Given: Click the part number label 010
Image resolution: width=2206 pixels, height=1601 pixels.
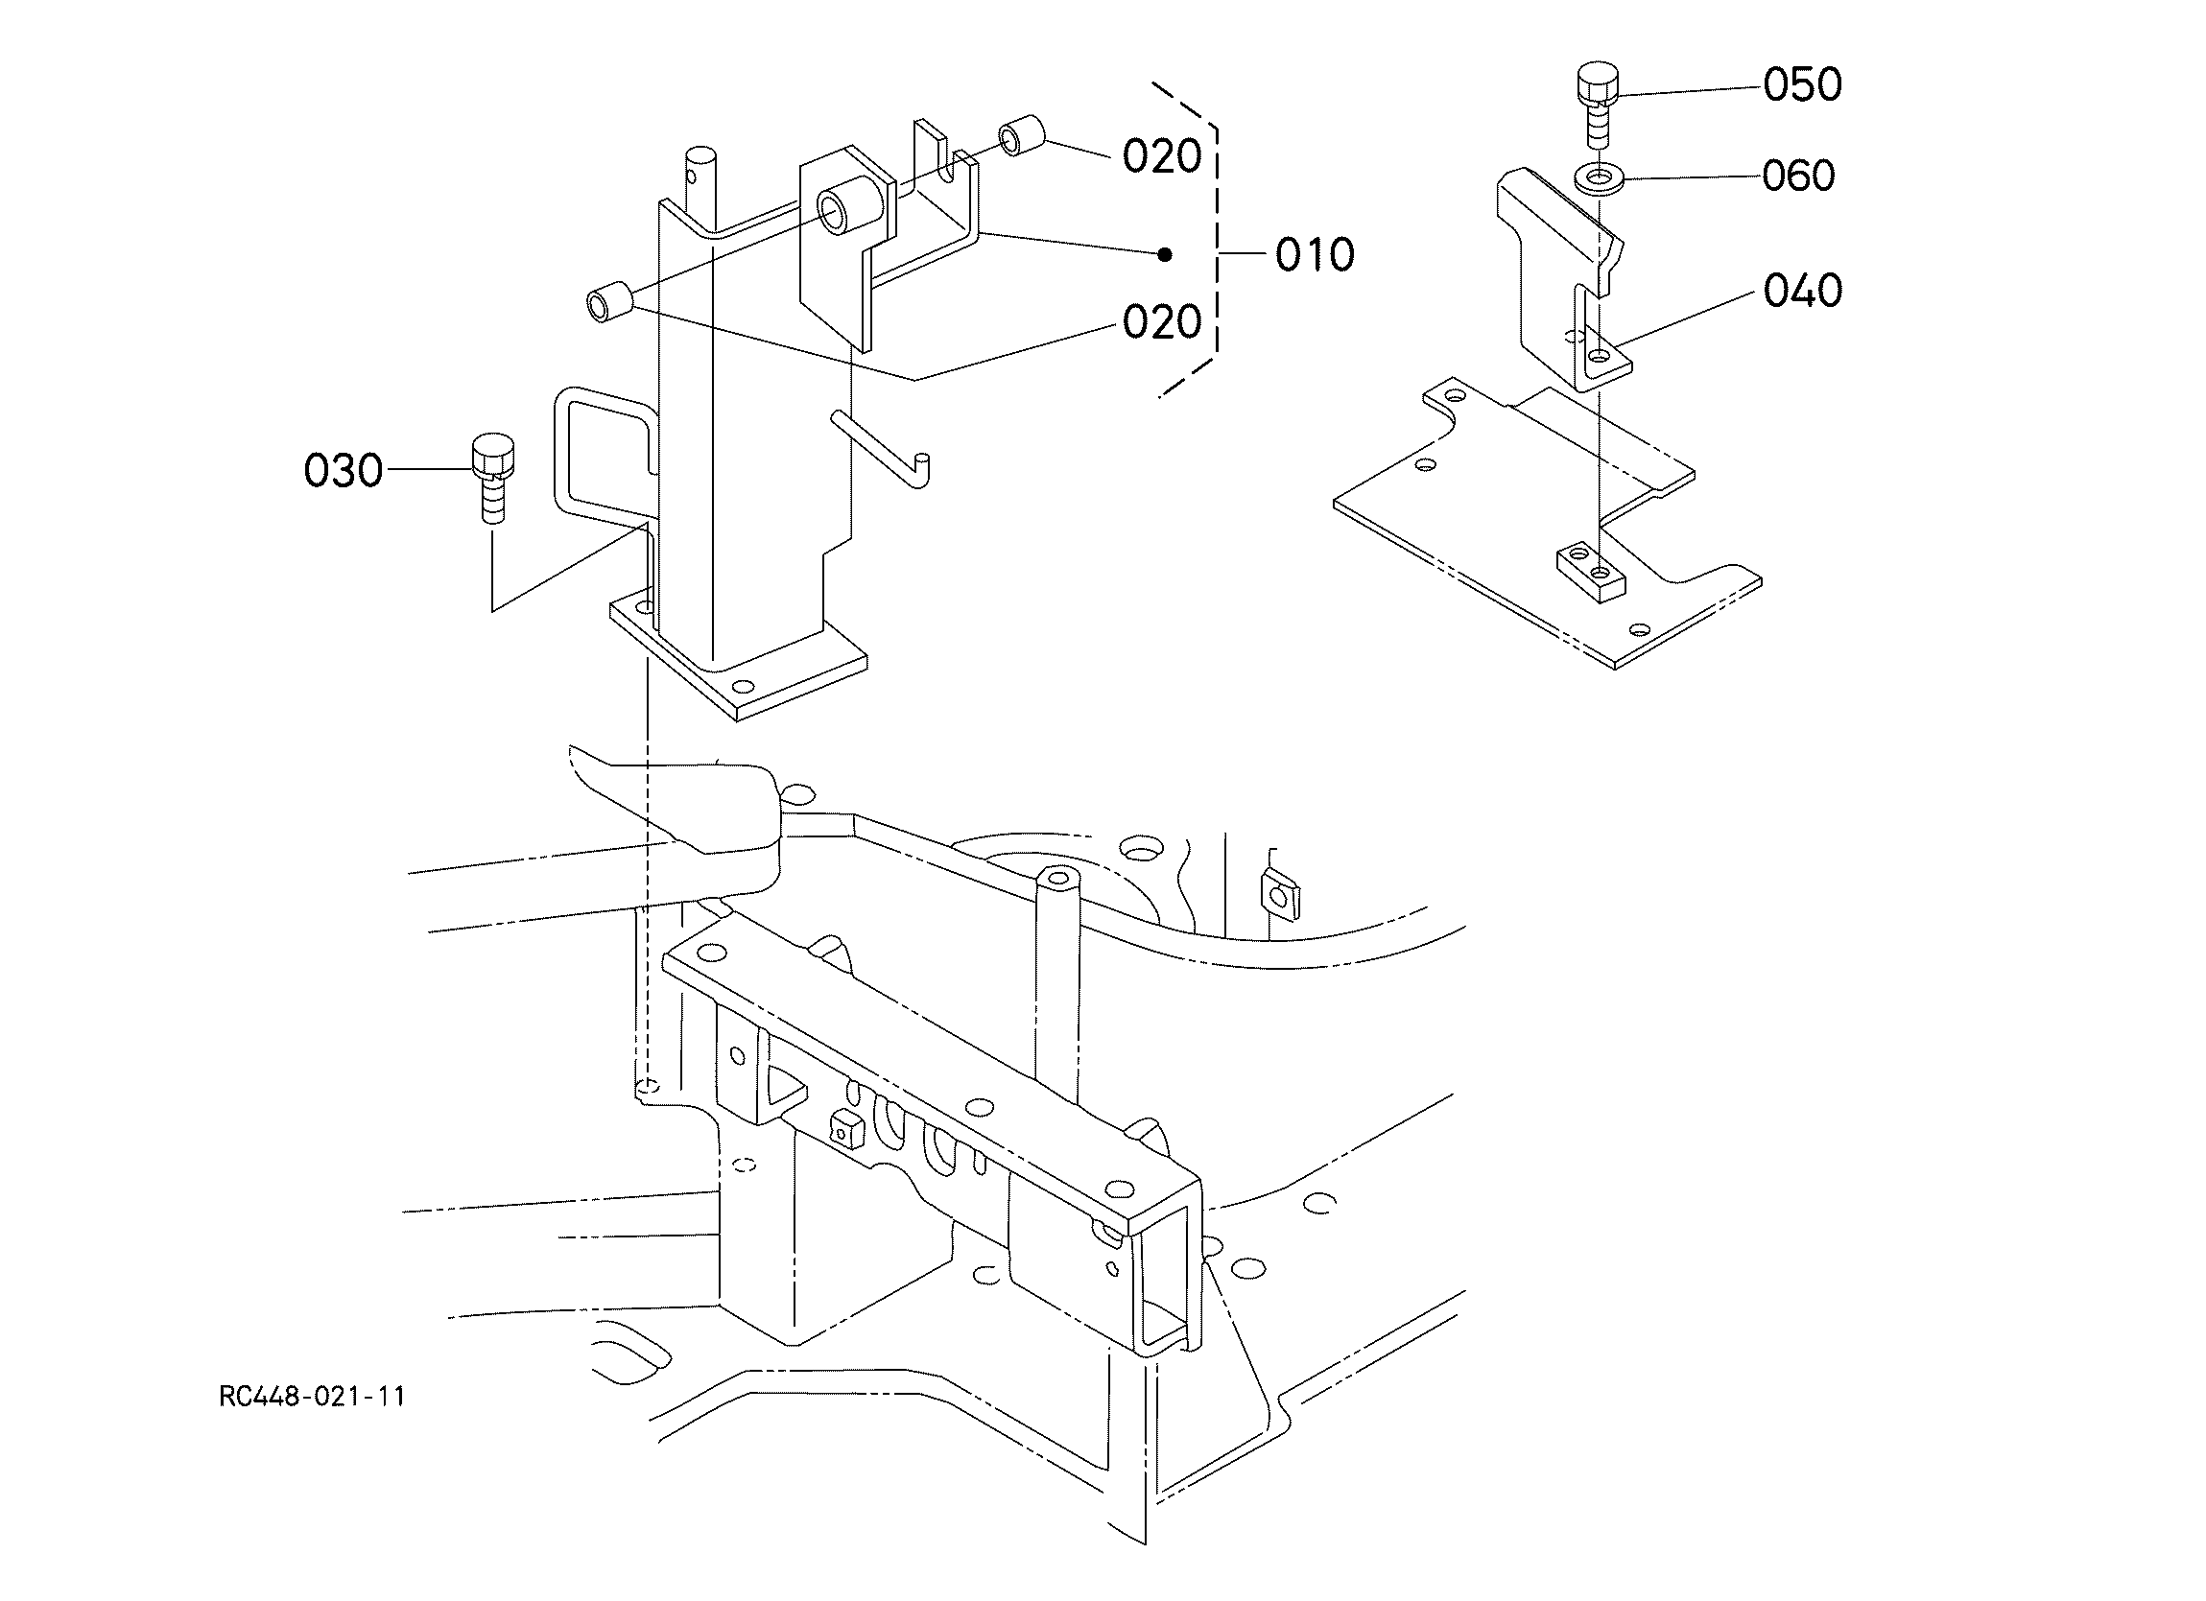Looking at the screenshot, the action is click(1315, 255).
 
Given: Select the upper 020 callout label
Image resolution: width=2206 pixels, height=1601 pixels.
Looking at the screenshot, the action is click(1162, 156).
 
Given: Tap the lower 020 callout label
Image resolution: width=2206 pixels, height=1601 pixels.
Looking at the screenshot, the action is click(1162, 322).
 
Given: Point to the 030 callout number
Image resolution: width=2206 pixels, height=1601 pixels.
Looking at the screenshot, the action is click(344, 471).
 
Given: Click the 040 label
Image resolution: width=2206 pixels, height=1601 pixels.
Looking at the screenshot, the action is click(1802, 291).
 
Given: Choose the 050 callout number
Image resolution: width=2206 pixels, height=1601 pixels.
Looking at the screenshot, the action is click(1802, 84).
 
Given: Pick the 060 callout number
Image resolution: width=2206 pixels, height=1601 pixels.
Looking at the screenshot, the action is click(1798, 177).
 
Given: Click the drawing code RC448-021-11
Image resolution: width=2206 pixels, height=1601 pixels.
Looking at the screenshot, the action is click(312, 1397).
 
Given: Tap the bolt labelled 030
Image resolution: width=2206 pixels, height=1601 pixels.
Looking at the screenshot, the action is click(493, 480).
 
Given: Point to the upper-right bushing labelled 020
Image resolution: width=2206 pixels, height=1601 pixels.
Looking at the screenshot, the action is click(1022, 137).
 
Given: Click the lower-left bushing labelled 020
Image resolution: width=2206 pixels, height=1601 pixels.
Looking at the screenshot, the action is click(609, 300).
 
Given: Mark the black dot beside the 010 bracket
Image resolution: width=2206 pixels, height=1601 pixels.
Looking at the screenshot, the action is click(1164, 255).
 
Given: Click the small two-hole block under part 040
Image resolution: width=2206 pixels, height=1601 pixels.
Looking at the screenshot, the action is click(1591, 573).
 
